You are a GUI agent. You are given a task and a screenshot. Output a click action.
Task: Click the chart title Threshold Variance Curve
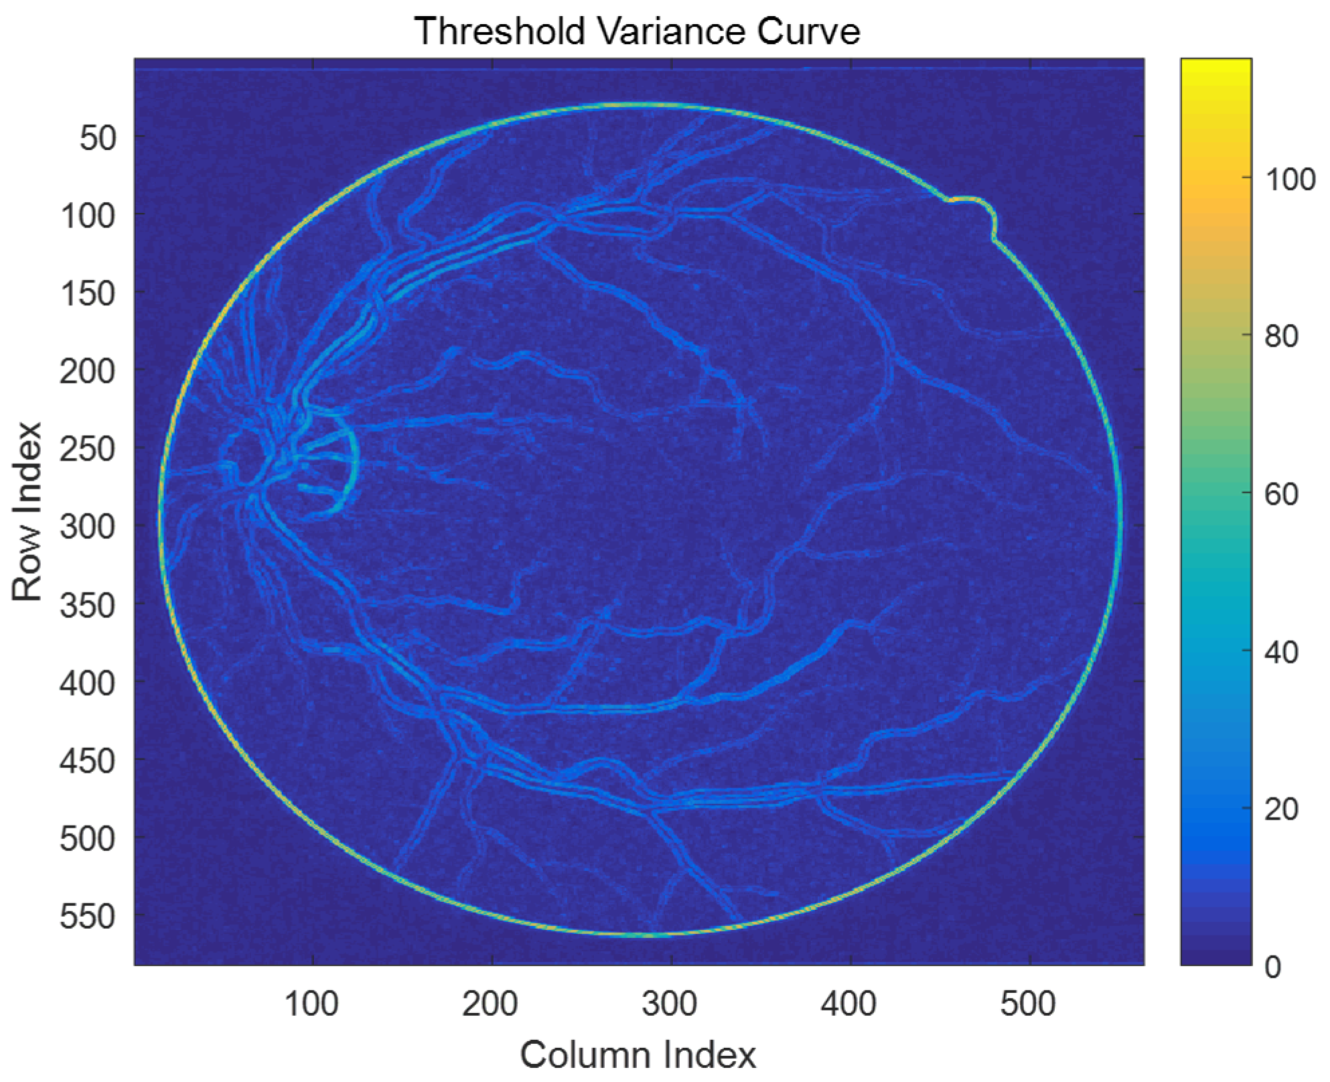click(x=637, y=31)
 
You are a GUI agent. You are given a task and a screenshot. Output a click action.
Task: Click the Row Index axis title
click(x=27, y=512)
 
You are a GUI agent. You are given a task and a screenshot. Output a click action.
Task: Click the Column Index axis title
click(x=638, y=1055)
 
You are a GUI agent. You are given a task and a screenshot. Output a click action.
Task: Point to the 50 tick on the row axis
click(x=98, y=138)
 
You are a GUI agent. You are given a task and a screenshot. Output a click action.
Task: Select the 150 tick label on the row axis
click(x=88, y=293)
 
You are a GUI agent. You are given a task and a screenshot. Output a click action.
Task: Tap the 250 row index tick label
click(x=88, y=449)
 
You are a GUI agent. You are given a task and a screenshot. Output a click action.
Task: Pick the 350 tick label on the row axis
click(x=88, y=605)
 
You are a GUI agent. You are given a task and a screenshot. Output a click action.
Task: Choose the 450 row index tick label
click(x=88, y=761)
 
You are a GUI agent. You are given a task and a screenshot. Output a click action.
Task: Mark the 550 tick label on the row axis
click(x=88, y=916)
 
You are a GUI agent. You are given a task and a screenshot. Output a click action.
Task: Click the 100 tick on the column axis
click(x=312, y=1004)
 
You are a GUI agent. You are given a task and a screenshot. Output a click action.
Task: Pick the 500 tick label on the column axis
click(x=1029, y=1004)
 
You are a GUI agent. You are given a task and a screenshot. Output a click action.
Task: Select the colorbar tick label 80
click(x=1282, y=336)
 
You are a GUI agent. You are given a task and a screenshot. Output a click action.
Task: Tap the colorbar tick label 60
click(x=1282, y=494)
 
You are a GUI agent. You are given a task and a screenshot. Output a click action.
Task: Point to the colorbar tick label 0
click(x=1273, y=967)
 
